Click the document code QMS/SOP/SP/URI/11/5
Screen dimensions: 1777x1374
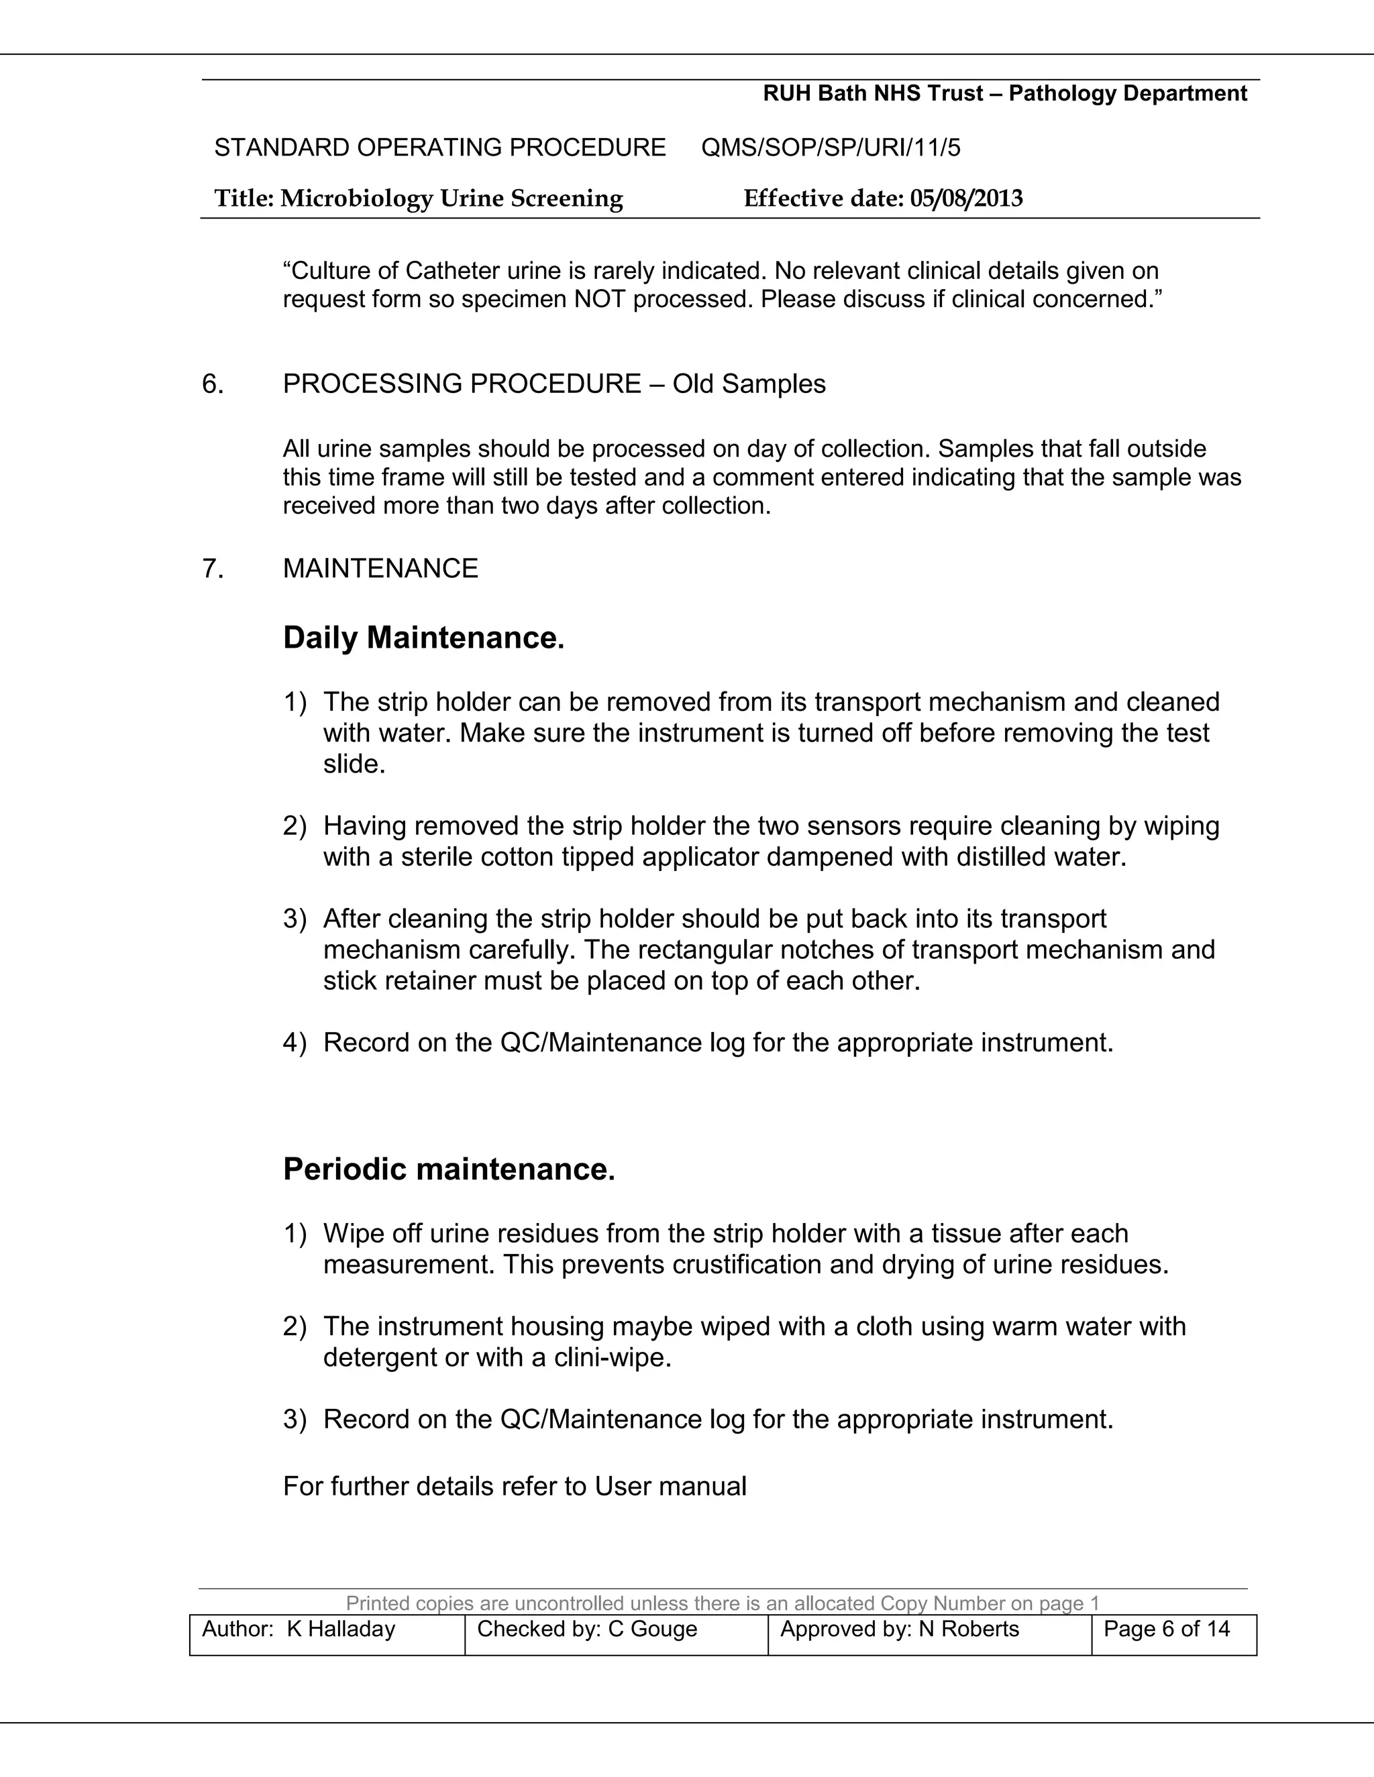[x=831, y=148]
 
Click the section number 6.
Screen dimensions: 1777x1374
[x=213, y=384]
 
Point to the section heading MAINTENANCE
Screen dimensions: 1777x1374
[x=380, y=568]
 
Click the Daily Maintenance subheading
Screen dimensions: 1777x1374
[x=423, y=637]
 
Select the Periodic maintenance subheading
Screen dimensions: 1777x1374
[x=449, y=1169]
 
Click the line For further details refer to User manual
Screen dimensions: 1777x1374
[x=515, y=1487]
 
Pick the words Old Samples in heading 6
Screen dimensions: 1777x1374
[x=749, y=384]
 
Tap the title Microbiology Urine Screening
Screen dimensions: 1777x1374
[x=452, y=198]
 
